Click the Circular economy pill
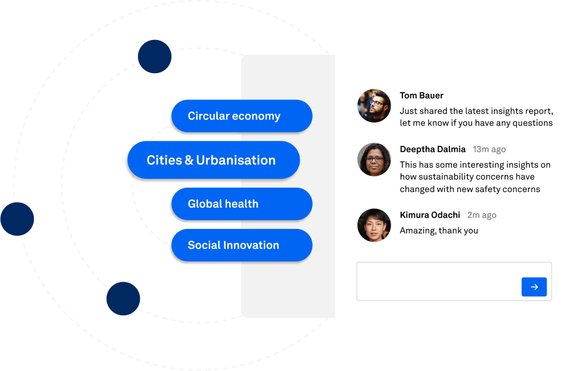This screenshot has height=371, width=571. tap(241, 116)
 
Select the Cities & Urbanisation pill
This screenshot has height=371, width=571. tap(213, 160)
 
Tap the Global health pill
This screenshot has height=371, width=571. tap(241, 204)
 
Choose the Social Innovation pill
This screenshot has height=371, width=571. tap(241, 245)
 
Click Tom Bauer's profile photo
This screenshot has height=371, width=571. tap(374, 106)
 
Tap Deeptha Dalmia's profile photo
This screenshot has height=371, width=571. tap(374, 160)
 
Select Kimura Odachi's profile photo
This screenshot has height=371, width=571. tap(374, 225)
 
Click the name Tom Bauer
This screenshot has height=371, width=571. tap(421, 96)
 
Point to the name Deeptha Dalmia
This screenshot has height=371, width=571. tap(432, 149)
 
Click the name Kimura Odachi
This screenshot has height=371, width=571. tap(430, 215)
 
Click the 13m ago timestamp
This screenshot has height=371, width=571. tap(489, 150)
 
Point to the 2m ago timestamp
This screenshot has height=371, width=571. tap(481, 215)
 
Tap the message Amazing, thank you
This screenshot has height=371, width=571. tap(439, 231)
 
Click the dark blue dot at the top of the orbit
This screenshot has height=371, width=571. tap(155, 57)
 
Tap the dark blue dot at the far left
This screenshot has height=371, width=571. tap(17, 219)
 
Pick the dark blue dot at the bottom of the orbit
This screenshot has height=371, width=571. tap(123, 298)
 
